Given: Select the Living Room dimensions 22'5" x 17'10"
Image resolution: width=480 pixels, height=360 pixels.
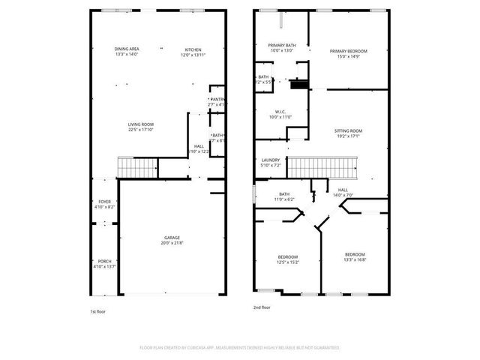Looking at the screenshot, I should [140, 130].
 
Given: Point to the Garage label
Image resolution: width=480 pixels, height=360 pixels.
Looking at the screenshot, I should [172, 239].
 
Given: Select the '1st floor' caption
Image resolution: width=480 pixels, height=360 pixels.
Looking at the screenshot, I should [98, 310].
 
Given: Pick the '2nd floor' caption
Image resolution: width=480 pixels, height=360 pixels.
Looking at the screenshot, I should [262, 307].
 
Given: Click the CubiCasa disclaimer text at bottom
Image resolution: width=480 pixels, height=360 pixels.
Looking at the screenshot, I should [240, 348].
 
